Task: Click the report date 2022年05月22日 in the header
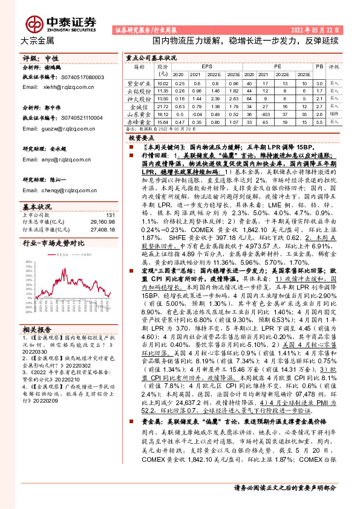pos(317,29)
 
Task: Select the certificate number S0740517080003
pos(84,77)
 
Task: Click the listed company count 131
pos(110,215)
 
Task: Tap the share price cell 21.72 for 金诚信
pos(162,105)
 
